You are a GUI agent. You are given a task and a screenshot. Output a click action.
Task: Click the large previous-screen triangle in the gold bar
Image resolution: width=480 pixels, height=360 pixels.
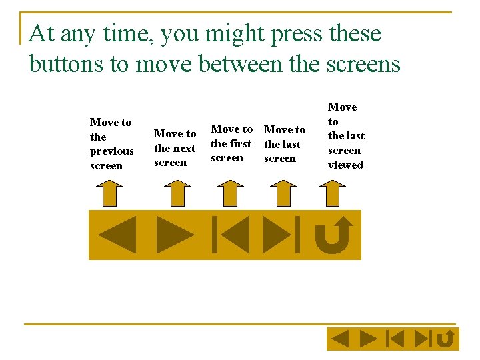click(118, 235)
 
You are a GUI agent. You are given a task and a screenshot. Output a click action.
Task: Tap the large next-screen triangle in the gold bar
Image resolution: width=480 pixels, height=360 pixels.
click(174, 235)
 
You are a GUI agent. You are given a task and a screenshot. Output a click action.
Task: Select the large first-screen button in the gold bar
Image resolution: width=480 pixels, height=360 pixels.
click(230, 235)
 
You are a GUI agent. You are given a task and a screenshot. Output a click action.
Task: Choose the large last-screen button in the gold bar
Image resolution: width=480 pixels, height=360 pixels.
click(281, 235)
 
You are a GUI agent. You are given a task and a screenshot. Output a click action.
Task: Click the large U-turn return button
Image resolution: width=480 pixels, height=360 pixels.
click(334, 235)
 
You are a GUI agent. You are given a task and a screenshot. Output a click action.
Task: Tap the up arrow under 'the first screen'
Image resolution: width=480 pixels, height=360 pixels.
click(229, 193)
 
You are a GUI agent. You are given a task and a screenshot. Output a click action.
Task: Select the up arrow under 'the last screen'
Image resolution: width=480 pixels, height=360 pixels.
click(283, 193)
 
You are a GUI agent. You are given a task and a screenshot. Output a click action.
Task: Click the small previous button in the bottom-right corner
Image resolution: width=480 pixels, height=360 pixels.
click(341, 339)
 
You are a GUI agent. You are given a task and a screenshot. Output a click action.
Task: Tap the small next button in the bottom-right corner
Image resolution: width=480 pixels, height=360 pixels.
click(367, 339)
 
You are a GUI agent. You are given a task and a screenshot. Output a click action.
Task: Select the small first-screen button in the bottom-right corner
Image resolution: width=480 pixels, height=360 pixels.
click(395, 339)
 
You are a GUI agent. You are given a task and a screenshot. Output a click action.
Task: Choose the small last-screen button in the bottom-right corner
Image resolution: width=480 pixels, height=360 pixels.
click(423, 339)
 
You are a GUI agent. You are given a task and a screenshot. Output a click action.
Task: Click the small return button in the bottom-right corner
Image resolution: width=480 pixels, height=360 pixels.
click(446, 339)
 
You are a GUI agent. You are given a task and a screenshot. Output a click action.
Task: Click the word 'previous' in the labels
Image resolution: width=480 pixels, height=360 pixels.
click(111, 151)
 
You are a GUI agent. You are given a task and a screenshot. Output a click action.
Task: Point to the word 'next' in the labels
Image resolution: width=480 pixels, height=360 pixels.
click(184, 149)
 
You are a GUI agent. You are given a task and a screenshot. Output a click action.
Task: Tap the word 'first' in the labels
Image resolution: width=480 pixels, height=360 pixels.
click(240, 143)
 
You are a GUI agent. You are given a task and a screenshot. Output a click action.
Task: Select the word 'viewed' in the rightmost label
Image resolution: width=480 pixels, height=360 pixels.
click(345, 165)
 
